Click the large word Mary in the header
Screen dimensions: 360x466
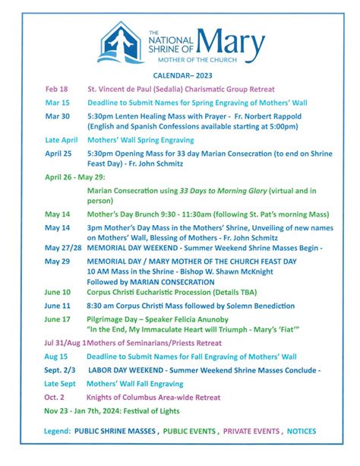pos(232,39)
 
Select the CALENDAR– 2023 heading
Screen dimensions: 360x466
pos(179,76)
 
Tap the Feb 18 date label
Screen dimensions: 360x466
pos(56,89)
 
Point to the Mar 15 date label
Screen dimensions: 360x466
pos(57,102)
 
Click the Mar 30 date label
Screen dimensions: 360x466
pos(57,116)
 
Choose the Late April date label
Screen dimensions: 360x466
pos(62,140)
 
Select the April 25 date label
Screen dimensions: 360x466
pos(58,153)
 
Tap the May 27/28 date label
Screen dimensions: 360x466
pos(63,248)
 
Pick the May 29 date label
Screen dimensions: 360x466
pos(56,261)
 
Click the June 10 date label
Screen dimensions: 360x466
pos(58,292)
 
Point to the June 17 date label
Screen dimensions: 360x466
pos(58,319)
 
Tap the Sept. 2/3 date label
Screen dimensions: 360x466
pos(61,369)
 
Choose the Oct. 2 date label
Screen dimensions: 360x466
pos(55,397)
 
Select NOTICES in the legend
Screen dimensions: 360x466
pos(302,431)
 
